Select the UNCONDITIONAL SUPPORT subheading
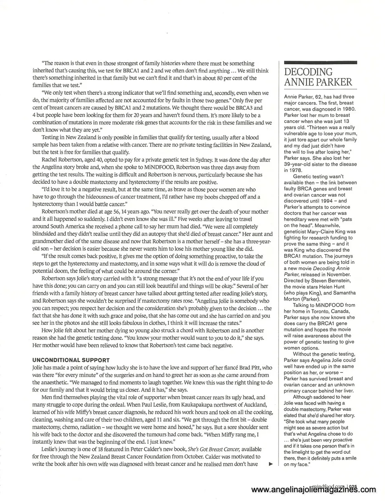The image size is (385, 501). [x=71, y=359]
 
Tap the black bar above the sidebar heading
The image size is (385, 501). [x=320, y=62]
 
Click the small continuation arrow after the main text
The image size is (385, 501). [x=271, y=464]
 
